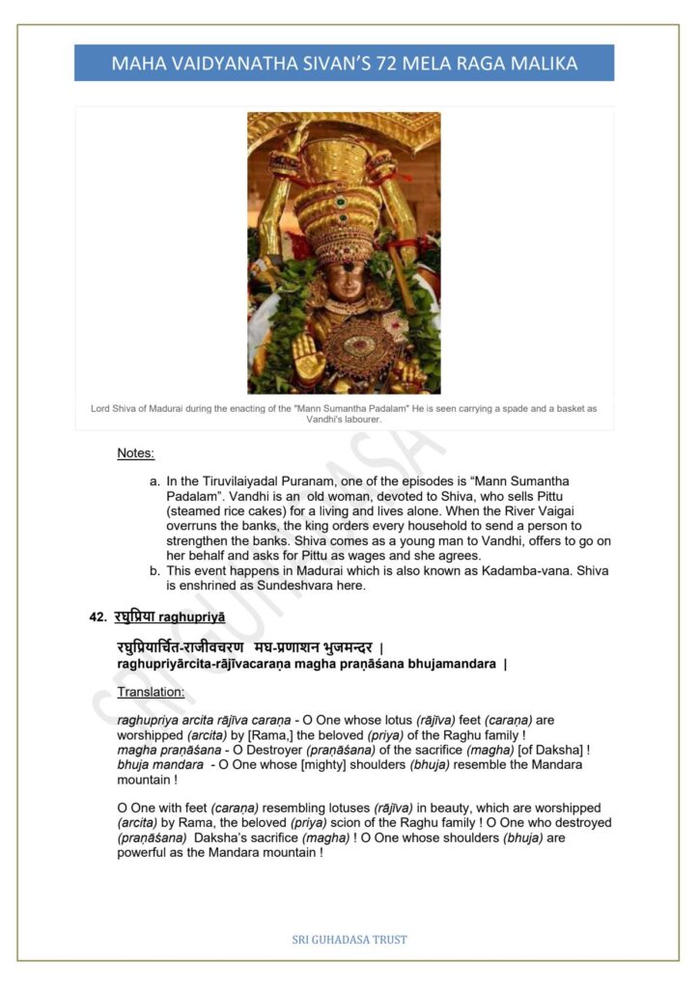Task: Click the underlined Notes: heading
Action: click(x=136, y=453)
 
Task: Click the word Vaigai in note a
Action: click(x=550, y=511)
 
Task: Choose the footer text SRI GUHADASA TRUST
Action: click(x=349, y=939)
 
